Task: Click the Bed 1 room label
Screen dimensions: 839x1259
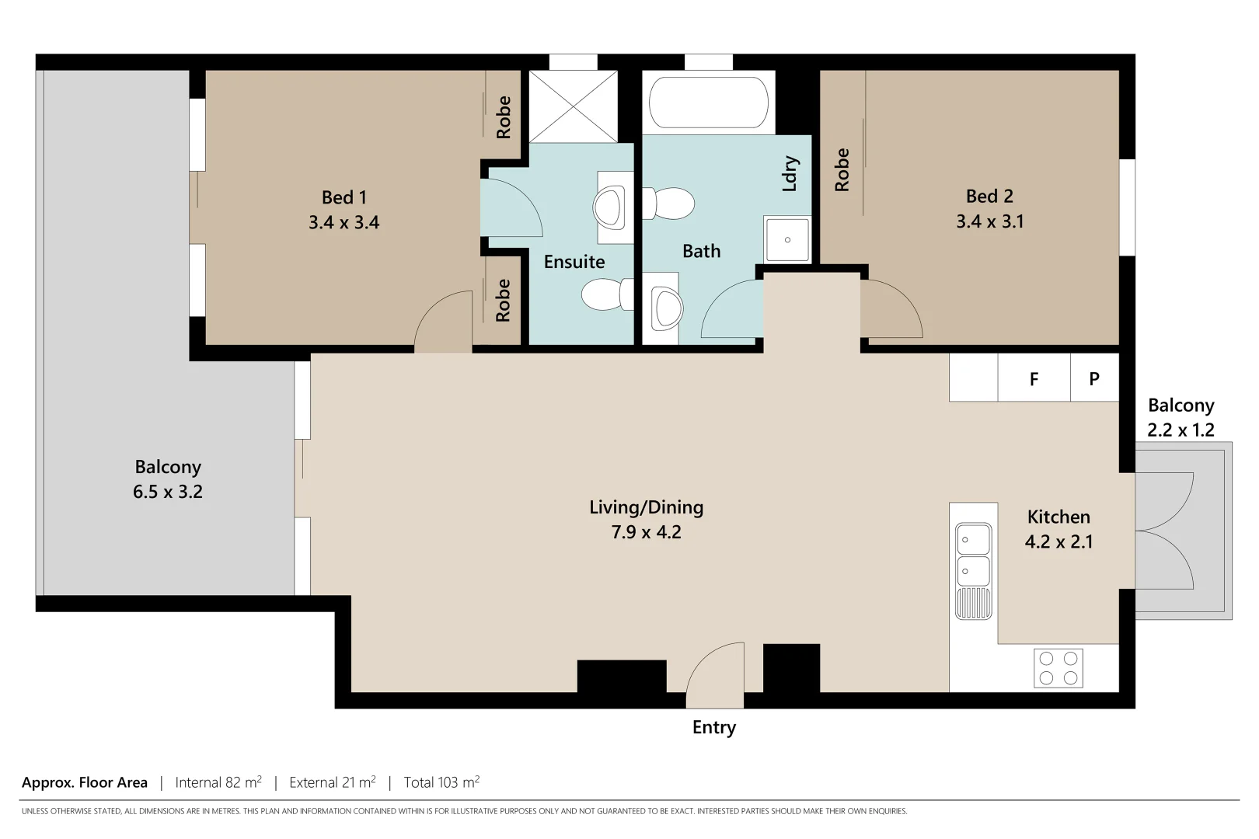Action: click(344, 197)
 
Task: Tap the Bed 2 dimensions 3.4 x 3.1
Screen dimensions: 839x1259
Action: click(989, 221)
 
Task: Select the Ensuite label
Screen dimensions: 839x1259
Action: click(574, 262)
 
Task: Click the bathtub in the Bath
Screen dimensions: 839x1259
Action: click(708, 103)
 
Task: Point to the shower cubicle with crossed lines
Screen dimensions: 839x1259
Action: click(574, 106)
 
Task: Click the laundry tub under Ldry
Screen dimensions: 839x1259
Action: click(786, 239)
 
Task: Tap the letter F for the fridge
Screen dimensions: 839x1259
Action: click(1034, 379)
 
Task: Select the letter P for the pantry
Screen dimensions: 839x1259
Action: click(1094, 379)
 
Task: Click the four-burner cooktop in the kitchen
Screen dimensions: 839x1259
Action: click(1058, 668)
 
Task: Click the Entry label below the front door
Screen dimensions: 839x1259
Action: click(713, 727)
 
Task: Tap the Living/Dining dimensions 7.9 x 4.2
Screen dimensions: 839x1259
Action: click(646, 532)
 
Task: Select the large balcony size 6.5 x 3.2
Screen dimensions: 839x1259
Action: click(167, 492)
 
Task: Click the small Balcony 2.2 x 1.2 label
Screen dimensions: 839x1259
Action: click(1181, 417)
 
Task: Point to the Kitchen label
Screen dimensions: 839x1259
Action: click(1058, 517)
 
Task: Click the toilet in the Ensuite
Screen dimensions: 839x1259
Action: click(606, 295)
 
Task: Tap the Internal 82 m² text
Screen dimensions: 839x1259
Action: click(218, 782)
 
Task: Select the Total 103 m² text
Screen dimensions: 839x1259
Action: click(441, 782)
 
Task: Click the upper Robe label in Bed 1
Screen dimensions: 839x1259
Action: click(504, 117)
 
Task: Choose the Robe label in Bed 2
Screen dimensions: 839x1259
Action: click(842, 169)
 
